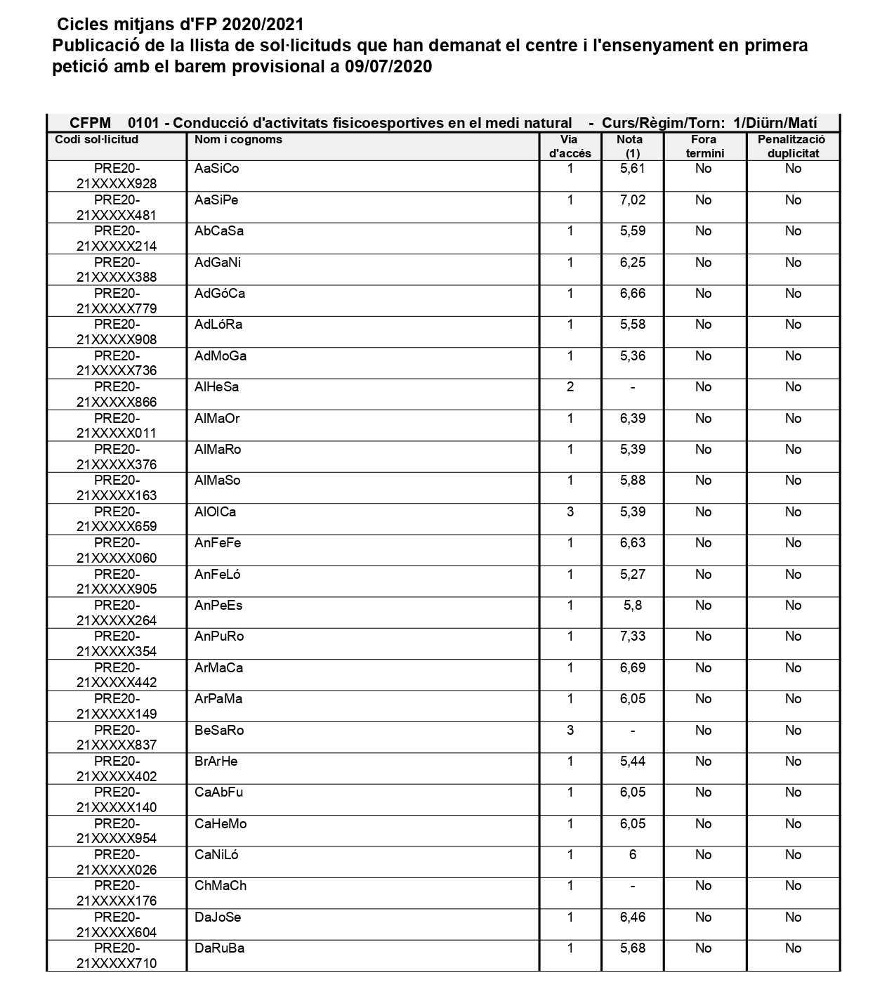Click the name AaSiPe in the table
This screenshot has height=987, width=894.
(216, 200)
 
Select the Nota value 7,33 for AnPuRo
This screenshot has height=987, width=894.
(632, 636)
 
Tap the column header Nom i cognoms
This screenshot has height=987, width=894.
(238, 139)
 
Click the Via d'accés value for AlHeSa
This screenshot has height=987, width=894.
(570, 387)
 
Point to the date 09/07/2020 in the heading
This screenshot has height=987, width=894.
(388, 67)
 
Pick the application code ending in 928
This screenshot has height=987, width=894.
(117, 176)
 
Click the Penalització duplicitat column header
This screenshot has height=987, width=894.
(792, 146)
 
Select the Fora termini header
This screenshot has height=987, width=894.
(704, 146)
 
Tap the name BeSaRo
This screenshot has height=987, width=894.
(219, 731)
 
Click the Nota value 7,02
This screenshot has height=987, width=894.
(632, 200)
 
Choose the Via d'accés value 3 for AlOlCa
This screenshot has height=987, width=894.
(570, 512)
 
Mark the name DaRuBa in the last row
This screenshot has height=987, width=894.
(219, 948)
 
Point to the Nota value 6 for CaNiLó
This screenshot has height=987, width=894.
(632, 855)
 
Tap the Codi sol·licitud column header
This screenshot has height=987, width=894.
(97, 139)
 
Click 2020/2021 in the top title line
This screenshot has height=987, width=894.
(263, 25)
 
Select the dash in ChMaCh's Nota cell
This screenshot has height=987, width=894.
(632, 886)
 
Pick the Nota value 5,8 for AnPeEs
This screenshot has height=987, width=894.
(632, 606)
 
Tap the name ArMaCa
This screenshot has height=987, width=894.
(218, 668)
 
